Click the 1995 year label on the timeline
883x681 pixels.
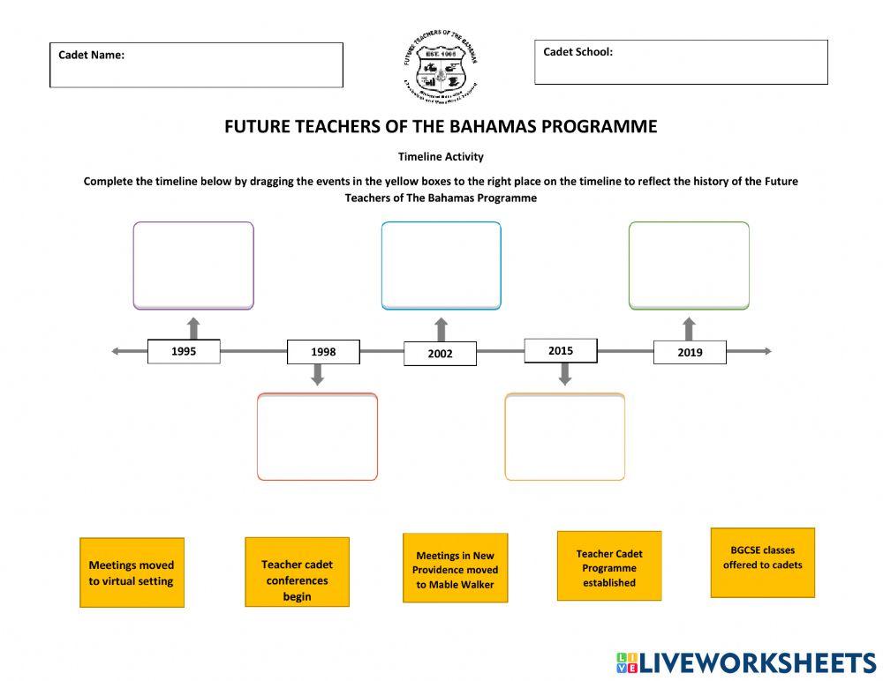pyautogui.click(x=184, y=351)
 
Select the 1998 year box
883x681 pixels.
pyautogui.click(x=323, y=352)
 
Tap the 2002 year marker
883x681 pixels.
pyautogui.click(x=440, y=354)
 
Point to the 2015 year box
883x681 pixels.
pyautogui.click(x=561, y=350)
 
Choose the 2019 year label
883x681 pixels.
pyautogui.click(x=690, y=352)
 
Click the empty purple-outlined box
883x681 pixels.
pyautogui.click(x=193, y=266)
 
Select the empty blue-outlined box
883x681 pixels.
pyautogui.click(x=441, y=266)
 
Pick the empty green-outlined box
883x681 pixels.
pyautogui.click(x=689, y=266)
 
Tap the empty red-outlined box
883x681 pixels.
pyautogui.click(x=317, y=437)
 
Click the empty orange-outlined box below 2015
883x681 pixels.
pyautogui.click(x=565, y=437)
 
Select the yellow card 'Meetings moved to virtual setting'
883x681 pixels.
pyautogui.click(x=132, y=572)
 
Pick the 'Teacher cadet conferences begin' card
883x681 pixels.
pyautogui.click(x=297, y=572)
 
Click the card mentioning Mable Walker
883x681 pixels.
pyautogui.click(x=456, y=568)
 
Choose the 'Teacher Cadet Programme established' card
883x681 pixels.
pyautogui.click(x=609, y=565)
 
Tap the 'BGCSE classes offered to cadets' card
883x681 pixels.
pyautogui.click(x=763, y=562)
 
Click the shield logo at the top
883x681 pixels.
pyautogui.click(x=441, y=67)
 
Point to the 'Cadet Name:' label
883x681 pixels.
pyautogui.click(x=92, y=55)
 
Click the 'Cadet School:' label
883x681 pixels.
pyautogui.click(x=577, y=52)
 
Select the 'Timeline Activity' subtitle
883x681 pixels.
pyautogui.click(x=441, y=157)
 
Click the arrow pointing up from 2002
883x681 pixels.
pyautogui.click(x=441, y=329)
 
